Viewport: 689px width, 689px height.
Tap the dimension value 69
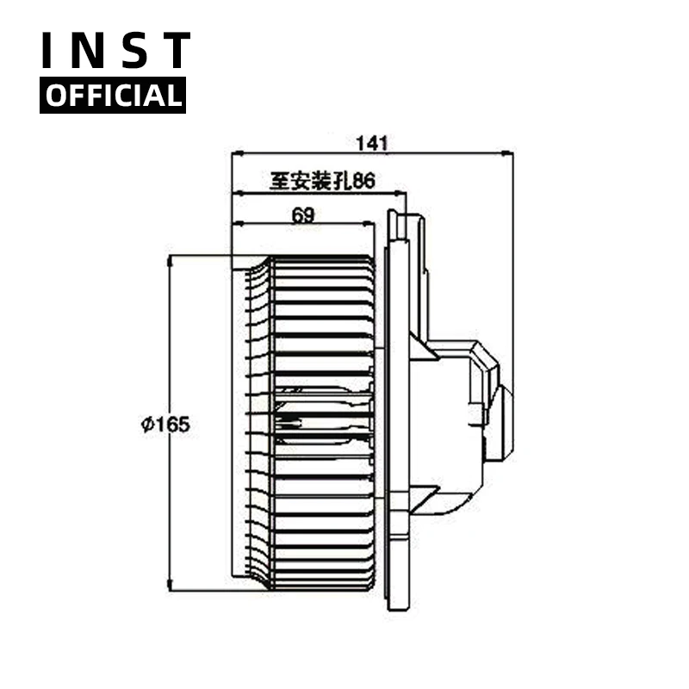(302, 215)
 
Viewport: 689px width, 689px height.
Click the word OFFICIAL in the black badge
(113, 96)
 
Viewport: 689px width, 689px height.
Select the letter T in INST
(175, 52)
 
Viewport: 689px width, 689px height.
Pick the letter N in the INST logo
(90, 52)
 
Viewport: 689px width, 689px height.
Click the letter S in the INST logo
(134, 52)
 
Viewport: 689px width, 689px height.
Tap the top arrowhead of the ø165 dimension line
(171, 259)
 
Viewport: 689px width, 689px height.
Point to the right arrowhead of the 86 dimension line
(402, 194)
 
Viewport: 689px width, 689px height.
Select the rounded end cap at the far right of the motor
(505, 422)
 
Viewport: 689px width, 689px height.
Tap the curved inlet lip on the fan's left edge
(251, 422)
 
